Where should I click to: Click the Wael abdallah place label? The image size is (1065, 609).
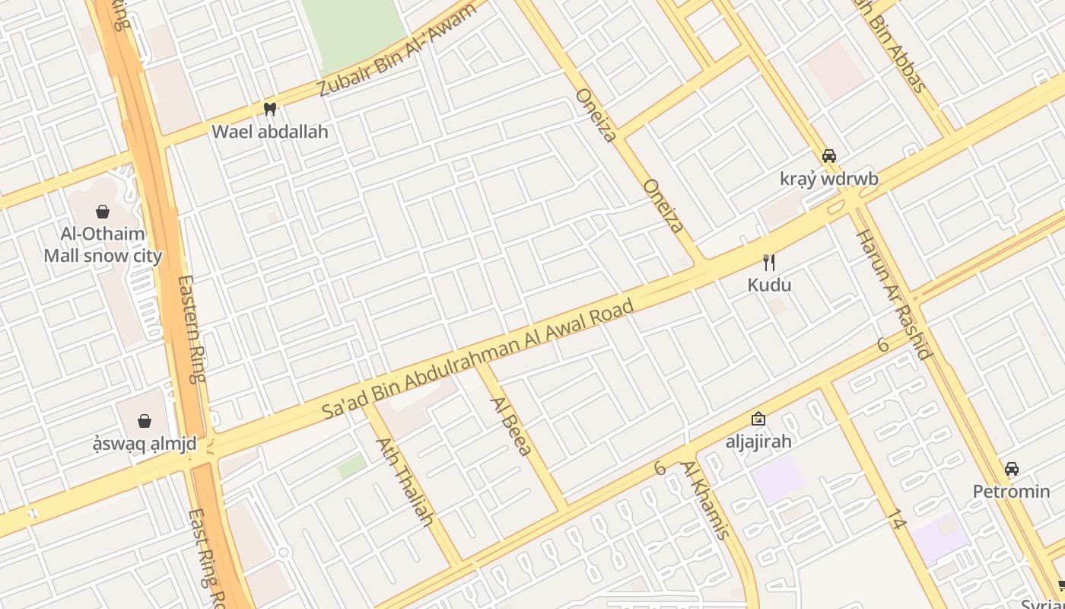click(x=270, y=132)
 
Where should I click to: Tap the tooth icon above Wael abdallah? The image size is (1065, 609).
click(x=269, y=109)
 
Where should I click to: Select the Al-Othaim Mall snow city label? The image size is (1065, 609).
click(x=103, y=244)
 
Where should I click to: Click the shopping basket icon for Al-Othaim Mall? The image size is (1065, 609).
click(x=103, y=211)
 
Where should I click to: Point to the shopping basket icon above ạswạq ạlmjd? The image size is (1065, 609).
click(x=145, y=420)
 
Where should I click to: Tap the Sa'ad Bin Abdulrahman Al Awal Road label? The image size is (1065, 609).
click(x=478, y=359)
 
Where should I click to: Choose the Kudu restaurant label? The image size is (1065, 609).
click(x=769, y=285)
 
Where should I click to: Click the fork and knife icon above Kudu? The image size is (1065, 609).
click(x=769, y=263)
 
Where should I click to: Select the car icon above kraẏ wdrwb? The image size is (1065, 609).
click(x=829, y=156)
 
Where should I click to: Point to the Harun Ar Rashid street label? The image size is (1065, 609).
click(x=894, y=294)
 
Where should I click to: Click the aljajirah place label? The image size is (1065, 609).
click(x=758, y=441)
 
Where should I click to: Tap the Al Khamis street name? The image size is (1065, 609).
click(x=705, y=499)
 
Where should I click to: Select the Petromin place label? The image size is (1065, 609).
click(x=1011, y=491)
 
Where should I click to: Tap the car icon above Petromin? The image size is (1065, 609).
click(x=1011, y=468)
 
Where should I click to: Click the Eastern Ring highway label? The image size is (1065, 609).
click(x=192, y=328)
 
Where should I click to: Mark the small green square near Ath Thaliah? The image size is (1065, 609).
click(x=351, y=466)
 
